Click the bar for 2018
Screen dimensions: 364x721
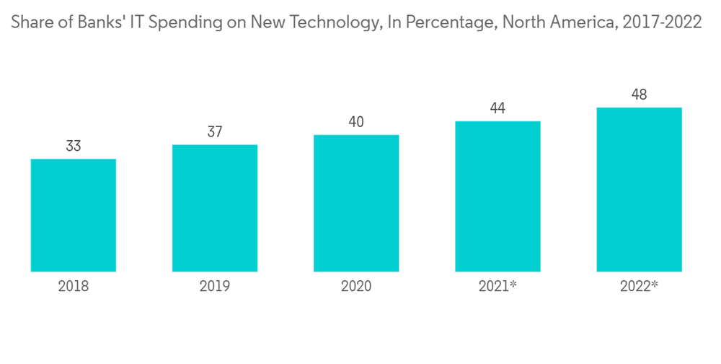coord(74,215)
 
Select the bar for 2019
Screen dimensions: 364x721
coord(215,208)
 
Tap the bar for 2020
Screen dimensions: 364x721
coord(356,203)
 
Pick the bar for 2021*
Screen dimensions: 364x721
coord(497,196)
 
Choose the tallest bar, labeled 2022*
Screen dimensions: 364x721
coord(639,189)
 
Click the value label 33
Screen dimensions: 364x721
coord(74,146)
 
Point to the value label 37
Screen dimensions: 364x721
coord(215,131)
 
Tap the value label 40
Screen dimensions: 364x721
coord(356,121)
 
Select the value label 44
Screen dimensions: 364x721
coord(497,108)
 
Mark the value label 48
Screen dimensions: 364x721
coord(639,95)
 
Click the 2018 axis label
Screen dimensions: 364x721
coord(74,287)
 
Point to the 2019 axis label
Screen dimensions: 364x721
coord(215,287)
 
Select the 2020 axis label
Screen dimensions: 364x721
coord(356,287)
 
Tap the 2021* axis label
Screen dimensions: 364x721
coord(497,287)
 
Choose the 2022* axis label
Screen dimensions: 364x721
coord(639,287)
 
